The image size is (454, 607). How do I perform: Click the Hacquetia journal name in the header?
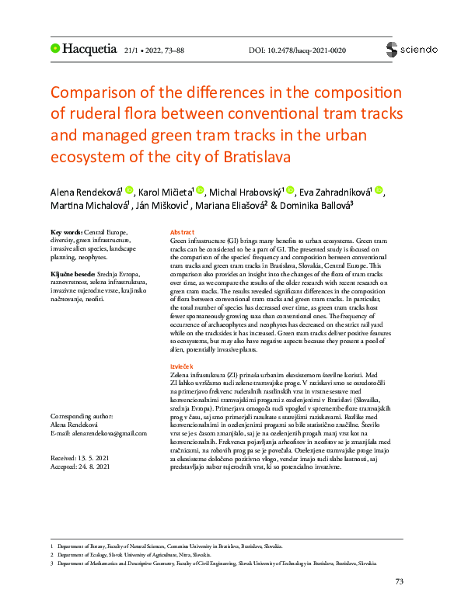click(89, 49)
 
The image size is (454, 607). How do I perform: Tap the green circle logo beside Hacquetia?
click(55, 48)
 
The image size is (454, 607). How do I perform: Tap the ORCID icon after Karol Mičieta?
click(200, 191)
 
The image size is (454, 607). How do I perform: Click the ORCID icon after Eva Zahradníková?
click(379, 191)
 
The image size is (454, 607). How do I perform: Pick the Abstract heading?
click(182, 232)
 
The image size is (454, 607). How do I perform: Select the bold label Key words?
click(66, 232)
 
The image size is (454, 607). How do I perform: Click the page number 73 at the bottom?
click(400, 581)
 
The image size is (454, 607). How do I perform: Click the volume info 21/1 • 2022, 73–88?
click(154, 50)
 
